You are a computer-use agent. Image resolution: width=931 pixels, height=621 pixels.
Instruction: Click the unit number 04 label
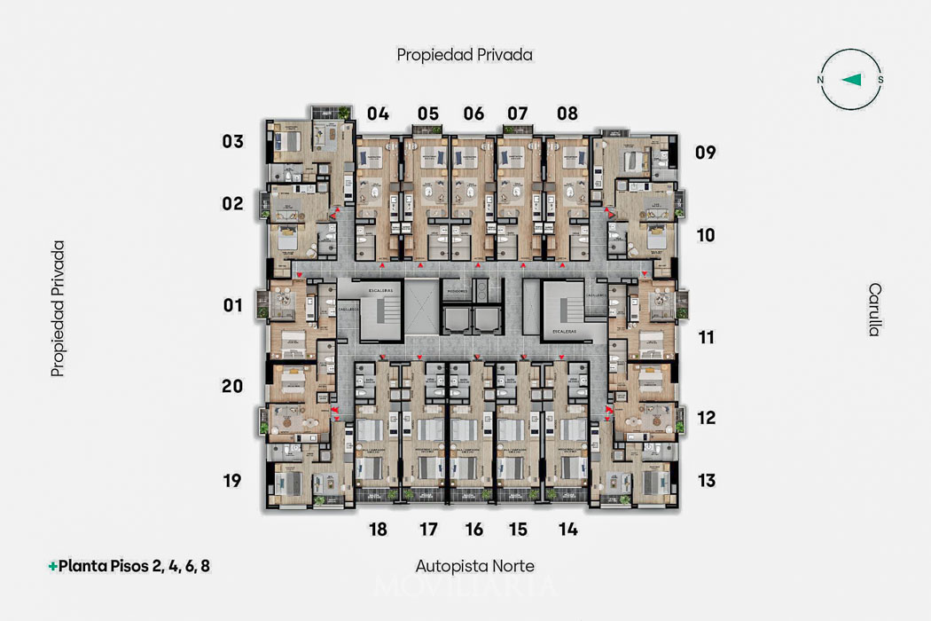pos(379,114)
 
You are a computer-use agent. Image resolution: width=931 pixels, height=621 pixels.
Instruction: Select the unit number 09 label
pos(706,152)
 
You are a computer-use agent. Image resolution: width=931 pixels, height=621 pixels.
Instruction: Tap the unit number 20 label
pos(232,386)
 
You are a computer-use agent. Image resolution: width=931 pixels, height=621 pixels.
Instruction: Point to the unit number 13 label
pos(707,481)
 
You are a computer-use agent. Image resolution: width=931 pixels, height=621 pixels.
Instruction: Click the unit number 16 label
pos(474,530)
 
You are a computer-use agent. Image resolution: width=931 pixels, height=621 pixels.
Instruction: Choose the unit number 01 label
pos(232,306)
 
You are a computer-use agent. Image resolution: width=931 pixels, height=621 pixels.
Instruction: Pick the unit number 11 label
pos(707,337)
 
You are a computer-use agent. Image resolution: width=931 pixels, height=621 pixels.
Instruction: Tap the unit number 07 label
pos(518,114)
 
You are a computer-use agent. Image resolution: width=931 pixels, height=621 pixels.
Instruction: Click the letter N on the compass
pos(821,80)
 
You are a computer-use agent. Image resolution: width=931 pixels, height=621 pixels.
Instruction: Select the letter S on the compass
pos(880,80)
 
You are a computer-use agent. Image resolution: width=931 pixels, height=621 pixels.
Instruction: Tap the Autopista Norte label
pos(475,565)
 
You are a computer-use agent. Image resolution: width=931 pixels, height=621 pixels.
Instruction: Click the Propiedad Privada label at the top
pos(465,55)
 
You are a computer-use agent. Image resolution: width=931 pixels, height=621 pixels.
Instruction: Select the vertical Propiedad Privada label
pos(59,309)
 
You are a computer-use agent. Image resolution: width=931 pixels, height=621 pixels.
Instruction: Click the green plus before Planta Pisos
pos(53,565)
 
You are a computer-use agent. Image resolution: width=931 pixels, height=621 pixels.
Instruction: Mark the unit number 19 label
pos(232,481)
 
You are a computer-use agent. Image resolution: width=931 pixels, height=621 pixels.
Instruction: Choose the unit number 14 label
pos(568,530)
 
